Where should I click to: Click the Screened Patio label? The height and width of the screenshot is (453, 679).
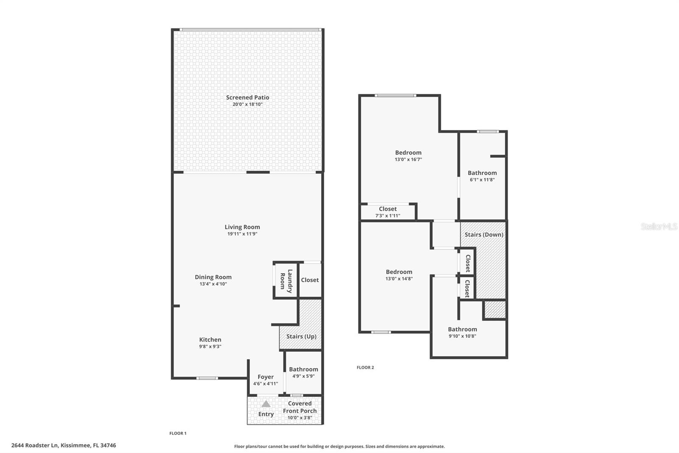(247, 97)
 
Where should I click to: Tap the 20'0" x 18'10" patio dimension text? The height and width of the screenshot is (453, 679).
(247, 105)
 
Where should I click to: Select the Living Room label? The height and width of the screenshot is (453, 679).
(242, 227)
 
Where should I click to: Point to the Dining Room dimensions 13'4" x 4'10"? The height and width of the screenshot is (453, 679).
(213, 284)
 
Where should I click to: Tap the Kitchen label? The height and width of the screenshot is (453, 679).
(210, 340)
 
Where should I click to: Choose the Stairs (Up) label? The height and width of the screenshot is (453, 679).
(301, 336)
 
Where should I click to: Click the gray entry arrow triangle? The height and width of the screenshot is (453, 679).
(266, 404)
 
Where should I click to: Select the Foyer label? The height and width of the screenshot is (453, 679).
(265, 377)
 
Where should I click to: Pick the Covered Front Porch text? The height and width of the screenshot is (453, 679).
(300, 407)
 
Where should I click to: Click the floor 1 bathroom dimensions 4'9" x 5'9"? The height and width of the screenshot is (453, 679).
(303, 376)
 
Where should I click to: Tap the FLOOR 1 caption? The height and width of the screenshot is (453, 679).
(178, 433)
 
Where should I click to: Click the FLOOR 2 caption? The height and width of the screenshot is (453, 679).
(365, 368)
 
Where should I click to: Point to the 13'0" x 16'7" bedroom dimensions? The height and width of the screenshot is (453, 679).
(408, 160)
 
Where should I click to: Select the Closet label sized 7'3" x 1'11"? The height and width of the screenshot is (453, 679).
(387, 209)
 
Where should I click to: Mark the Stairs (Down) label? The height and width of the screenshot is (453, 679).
(483, 235)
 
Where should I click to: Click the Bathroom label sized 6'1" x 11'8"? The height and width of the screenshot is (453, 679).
(482, 173)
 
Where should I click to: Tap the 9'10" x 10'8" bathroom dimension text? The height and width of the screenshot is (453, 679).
(462, 336)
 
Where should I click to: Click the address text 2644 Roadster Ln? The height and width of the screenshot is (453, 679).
(63, 445)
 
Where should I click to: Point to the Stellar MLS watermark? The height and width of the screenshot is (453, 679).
(659, 226)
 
